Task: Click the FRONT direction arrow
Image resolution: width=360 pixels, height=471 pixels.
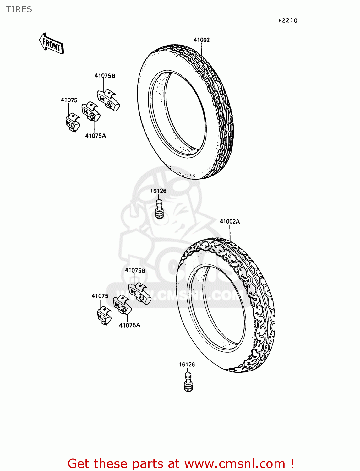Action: click(x=52, y=44)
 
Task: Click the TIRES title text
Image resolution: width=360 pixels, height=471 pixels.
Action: click(x=19, y=9)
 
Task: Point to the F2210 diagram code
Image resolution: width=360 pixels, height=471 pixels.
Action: click(x=288, y=20)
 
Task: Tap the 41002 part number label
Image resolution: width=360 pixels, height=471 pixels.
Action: click(x=201, y=40)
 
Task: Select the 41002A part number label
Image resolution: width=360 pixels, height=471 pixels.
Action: click(x=230, y=221)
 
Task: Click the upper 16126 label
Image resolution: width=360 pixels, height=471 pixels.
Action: click(x=158, y=191)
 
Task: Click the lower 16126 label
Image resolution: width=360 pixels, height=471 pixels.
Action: click(x=187, y=365)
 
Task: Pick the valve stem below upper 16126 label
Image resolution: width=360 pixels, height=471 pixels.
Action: click(x=160, y=208)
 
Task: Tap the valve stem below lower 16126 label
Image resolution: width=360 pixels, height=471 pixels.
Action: click(x=188, y=382)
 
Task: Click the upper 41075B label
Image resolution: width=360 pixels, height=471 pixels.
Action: click(x=105, y=76)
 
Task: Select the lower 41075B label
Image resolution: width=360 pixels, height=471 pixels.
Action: click(x=135, y=270)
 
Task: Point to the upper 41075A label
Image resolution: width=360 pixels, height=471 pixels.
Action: click(x=95, y=136)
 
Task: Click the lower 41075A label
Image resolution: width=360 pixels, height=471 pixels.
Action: click(x=129, y=325)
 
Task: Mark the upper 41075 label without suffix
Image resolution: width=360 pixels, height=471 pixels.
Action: click(x=69, y=100)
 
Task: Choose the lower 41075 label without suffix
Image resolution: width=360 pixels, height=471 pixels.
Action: click(x=100, y=296)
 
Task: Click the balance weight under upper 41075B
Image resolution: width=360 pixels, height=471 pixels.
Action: click(x=108, y=100)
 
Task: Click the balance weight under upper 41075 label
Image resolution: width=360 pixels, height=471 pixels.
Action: click(x=73, y=122)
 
